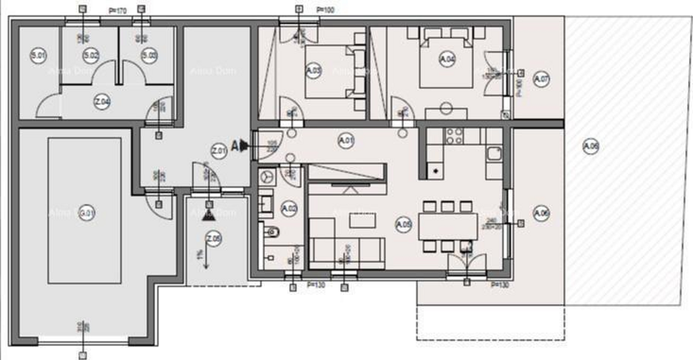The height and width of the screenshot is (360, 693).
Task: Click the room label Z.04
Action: point(102,103)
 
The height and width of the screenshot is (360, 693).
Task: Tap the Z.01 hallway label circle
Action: point(219,152)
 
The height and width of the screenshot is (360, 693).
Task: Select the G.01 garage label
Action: point(86,213)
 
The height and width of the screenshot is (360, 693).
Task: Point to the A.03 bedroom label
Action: point(313,70)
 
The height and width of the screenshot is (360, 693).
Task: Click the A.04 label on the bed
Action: point(447,59)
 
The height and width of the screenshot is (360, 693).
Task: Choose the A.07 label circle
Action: point(541,79)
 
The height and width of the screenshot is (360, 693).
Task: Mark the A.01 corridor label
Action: point(345,141)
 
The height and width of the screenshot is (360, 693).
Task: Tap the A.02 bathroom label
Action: point(289,208)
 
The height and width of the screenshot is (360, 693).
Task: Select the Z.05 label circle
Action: point(214,238)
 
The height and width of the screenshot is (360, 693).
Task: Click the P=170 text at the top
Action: point(118,11)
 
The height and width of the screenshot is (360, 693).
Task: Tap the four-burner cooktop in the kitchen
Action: point(454,136)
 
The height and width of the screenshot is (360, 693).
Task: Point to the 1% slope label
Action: point(199,253)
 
